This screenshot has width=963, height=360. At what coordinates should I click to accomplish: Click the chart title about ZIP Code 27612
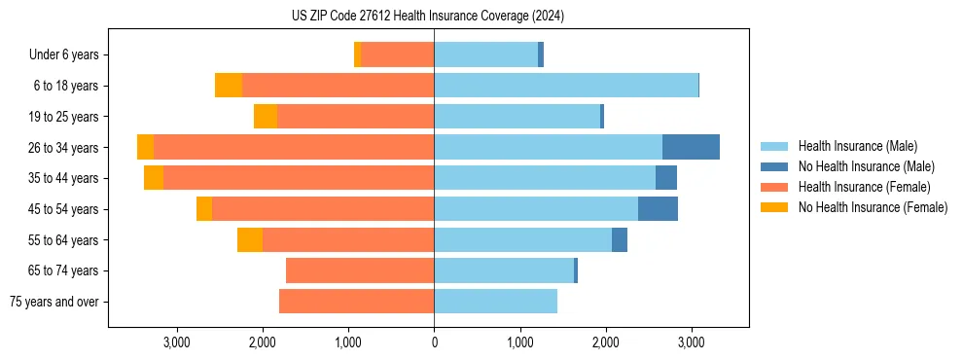[428, 16]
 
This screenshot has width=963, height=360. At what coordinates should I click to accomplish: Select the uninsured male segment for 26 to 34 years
[691, 147]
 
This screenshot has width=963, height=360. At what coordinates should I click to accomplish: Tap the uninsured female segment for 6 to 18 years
[229, 86]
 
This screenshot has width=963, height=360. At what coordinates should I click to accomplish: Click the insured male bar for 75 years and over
[495, 302]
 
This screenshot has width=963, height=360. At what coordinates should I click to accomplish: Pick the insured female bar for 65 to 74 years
[360, 270]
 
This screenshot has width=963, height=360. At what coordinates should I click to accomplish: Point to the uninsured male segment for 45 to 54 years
[658, 209]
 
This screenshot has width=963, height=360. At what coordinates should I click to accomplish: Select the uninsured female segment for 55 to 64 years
[250, 240]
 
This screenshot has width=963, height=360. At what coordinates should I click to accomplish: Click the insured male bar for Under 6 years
[485, 54]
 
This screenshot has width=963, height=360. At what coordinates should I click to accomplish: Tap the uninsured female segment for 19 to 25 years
[266, 117]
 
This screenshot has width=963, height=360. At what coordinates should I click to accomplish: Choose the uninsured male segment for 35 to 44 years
[666, 178]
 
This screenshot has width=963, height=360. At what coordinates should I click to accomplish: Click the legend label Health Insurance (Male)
[857, 146]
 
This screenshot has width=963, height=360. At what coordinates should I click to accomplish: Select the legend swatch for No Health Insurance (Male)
[774, 166]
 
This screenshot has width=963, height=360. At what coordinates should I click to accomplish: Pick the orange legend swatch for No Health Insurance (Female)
[774, 207]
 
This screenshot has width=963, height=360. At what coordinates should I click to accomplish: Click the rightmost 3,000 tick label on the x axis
[691, 342]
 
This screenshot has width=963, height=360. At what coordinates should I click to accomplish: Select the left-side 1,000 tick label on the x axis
[348, 342]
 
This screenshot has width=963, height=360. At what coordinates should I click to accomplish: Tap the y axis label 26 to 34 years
[63, 148]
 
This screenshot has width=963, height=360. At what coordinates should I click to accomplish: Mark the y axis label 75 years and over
[53, 302]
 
